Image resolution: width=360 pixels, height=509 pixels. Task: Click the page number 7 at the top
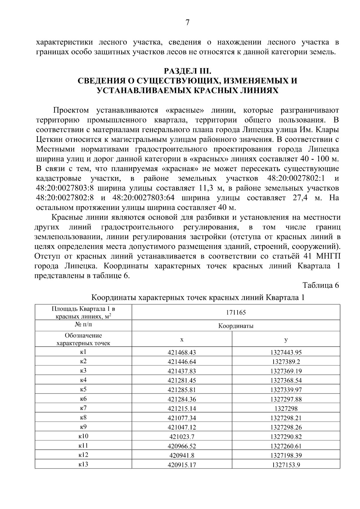187,23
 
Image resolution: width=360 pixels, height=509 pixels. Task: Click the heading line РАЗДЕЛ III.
187,71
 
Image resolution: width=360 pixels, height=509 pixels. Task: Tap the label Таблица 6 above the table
320,285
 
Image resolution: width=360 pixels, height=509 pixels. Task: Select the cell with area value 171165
236,312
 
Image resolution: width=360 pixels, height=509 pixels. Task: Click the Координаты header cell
236,326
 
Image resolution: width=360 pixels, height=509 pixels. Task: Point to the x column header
181,340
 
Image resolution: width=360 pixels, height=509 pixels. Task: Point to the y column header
286,340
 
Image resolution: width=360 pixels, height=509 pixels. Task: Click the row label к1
83,352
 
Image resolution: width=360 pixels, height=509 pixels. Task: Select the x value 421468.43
181,352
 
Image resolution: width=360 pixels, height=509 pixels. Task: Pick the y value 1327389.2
286,362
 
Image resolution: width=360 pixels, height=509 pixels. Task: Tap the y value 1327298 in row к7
286,409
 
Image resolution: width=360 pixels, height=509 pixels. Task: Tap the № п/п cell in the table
83,325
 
